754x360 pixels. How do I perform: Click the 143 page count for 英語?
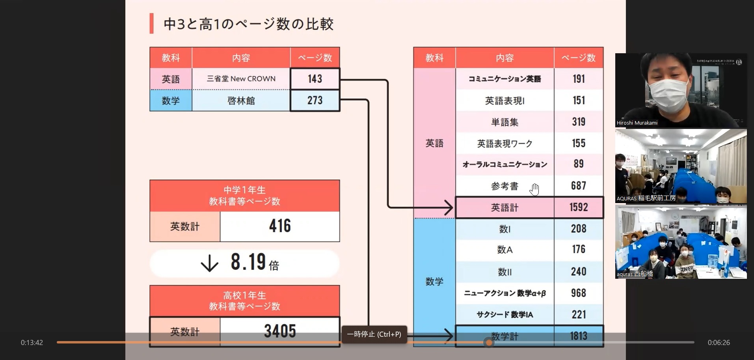pyautogui.click(x=315, y=79)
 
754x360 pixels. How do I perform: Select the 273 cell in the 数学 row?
pyautogui.click(x=315, y=101)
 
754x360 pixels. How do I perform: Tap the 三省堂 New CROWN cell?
pyautogui.click(x=241, y=79)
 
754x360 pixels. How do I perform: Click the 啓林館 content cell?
pyautogui.click(x=241, y=101)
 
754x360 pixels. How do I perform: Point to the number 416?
pyautogui.click(x=280, y=226)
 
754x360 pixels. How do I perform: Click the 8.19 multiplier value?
pyautogui.click(x=248, y=262)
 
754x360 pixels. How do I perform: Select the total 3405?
pyautogui.click(x=280, y=331)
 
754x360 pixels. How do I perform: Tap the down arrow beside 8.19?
pyautogui.click(x=209, y=263)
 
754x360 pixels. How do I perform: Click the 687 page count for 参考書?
pyautogui.click(x=578, y=186)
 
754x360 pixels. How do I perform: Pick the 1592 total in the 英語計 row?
pyautogui.click(x=578, y=207)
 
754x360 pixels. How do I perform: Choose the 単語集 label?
pyautogui.click(x=505, y=122)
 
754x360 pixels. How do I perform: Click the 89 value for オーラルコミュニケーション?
pyautogui.click(x=578, y=164)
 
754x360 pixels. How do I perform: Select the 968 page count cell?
pyautogui.click(x=578, y=293)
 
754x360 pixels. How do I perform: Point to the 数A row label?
pyautogui.click(x=505, y=250)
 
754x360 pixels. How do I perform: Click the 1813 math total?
pyautogui.click(x=578, y=336)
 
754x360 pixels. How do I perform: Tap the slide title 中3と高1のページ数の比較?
pyautogui.click(x=248, y=24)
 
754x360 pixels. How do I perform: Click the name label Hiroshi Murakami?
pyautogui.click(x=637, y=123)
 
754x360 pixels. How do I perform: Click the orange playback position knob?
pyautogui.click(x=489, y=343)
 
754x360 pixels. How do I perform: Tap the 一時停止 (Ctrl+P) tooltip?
pyautogui.click(x=374, y=334)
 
